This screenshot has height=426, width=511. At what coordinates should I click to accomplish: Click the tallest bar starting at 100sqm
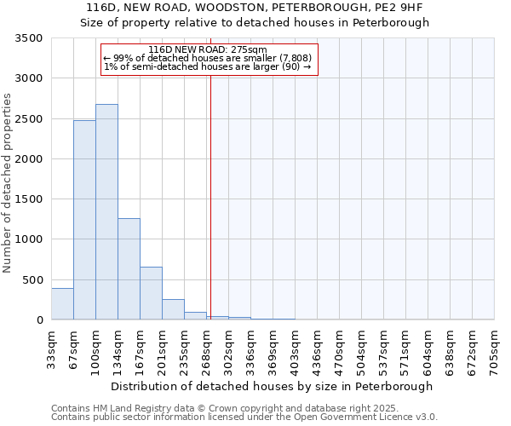tap(106, 212)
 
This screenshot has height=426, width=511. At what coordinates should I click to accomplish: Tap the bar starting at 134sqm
tap(129, 269)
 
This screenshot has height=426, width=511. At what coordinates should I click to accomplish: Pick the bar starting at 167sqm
tap(151, 293)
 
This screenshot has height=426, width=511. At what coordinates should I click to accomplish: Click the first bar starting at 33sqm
tap(62, 304)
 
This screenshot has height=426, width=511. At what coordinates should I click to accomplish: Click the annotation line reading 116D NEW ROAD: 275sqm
tap(208, 49)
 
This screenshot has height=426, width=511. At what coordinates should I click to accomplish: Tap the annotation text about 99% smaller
tap(208, 58)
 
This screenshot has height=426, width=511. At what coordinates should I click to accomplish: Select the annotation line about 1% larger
tap(208, 66)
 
